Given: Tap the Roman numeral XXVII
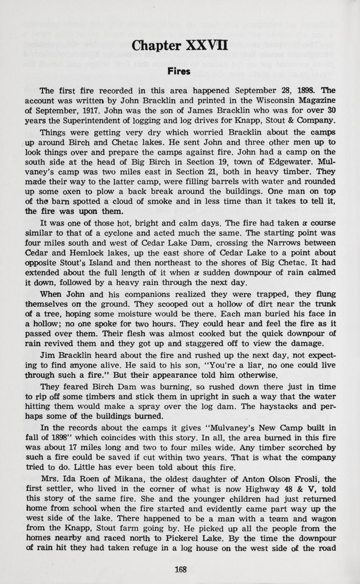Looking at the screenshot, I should click(x=207, y=45).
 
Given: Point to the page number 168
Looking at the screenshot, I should click(x=180, y=570).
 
